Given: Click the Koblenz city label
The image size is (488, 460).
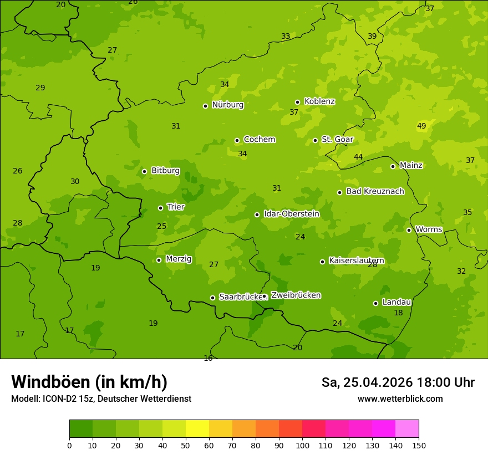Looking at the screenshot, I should pos(319,101).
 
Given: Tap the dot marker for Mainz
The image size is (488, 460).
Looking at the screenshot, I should pos(393,166).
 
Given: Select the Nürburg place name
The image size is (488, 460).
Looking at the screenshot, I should pos(227,105).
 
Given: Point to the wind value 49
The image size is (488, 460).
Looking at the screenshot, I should pos(421,126).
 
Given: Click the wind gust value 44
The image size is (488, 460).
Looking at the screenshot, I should pos(358,157).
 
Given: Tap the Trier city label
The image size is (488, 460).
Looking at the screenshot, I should pos(176,207).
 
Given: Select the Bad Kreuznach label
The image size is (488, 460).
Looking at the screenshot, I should pos(375,191).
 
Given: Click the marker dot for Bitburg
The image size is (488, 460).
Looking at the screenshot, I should pos(144,171).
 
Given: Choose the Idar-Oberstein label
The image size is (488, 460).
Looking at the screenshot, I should pos(291,213).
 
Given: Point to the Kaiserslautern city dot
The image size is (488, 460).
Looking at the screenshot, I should pos(322,262).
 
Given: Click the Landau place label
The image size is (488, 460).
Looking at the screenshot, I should pos(396,302).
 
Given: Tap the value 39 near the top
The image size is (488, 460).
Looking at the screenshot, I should pos(372,37).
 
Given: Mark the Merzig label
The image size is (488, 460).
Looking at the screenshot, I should pos(179,259).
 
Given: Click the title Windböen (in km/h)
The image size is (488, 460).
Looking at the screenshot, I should pos(89,382).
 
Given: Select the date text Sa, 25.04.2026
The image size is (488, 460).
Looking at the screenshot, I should pos(368,382).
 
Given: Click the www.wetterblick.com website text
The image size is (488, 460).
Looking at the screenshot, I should pos(400,399).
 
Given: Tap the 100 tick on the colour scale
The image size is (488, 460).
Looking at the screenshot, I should pos(302,445).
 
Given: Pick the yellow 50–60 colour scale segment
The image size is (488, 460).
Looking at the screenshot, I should pos(197,429).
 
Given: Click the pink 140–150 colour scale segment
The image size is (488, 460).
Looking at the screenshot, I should pos(407,429).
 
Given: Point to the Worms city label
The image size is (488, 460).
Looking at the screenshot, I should pos(429,229).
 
